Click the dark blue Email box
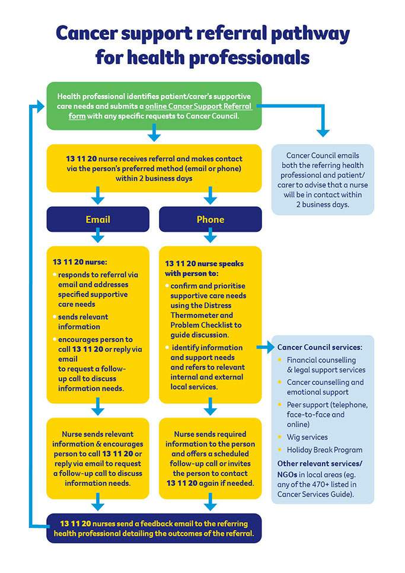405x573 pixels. click(x=98, y=219)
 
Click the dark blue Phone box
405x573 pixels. click(x=210, y=219)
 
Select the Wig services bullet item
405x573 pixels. click(x=307, y=437)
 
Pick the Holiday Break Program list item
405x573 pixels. click(x=324, y=450)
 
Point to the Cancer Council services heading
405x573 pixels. click(x=320, y=346)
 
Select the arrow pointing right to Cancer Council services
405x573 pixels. click(x=263, y=347)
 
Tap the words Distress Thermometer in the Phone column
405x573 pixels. click(x=202, y=315)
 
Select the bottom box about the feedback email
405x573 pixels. click(x=154, y=528)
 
